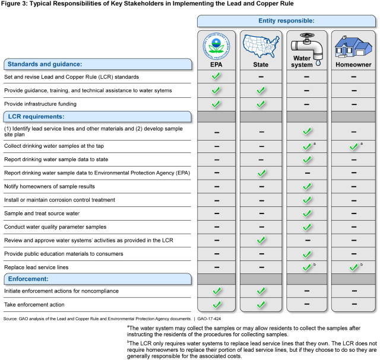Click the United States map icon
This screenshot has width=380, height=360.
[261, 44]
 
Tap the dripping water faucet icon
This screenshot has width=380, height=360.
[306, 44]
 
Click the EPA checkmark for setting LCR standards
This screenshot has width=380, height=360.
[216, 77]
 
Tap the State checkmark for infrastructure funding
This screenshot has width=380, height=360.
[260, 104]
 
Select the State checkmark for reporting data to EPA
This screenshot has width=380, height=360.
[260, 173]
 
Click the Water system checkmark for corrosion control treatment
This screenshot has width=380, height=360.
[306, 200]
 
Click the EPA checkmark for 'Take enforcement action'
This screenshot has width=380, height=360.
[216, 305]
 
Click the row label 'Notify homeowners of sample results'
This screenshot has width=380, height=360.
[50, 187]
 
